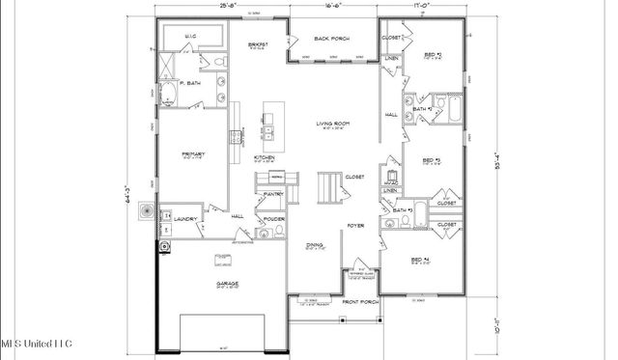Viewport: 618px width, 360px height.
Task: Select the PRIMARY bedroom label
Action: click(x=191, y=153)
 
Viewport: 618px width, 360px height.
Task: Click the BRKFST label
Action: click(x=257, y=44)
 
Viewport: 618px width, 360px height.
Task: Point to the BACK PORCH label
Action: click(x=332, y=40)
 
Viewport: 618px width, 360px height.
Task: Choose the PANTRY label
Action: click(x=273, y=194)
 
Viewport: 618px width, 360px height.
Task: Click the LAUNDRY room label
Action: click(x=185, y=219)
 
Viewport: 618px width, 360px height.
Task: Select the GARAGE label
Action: click(x=229, y=284)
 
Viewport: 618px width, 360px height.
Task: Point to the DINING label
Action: click(x=314, y=245)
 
